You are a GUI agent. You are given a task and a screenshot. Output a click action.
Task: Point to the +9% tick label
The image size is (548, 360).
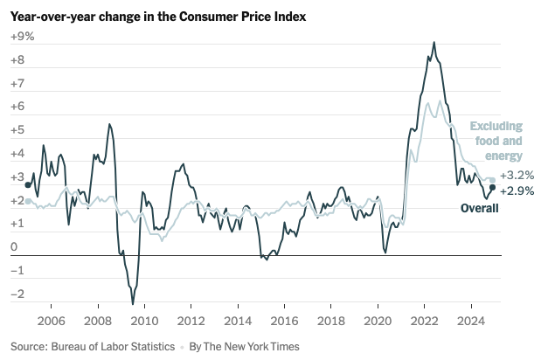coord(22,37)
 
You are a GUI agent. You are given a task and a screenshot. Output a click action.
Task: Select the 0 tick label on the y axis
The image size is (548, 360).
coord(13,247)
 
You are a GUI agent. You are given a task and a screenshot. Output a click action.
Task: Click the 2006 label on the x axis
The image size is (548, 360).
coord(51,319)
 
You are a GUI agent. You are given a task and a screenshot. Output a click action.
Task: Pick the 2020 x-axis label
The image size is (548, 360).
coord(378,319)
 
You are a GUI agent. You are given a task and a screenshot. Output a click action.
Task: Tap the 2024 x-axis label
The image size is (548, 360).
coord(471,319)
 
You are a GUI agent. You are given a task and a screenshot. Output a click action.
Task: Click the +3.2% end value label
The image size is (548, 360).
coord(517,176)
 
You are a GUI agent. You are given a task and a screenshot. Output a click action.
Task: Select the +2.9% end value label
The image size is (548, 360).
coord(517,190)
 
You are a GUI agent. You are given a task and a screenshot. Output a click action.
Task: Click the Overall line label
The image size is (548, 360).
coord(479,208)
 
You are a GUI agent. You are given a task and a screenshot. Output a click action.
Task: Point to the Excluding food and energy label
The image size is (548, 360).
coord(496,140)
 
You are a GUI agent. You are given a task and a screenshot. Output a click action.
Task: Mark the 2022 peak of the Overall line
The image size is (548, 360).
coord(434,42)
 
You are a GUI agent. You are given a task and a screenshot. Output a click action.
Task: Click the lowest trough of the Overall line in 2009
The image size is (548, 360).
coord(133,304)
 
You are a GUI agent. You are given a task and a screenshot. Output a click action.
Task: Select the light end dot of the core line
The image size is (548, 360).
coord(493,180)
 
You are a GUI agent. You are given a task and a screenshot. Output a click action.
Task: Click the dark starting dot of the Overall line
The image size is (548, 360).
coord(28,184)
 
